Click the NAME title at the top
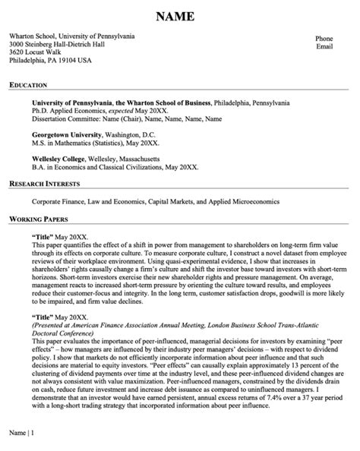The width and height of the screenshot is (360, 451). [x=180, y=17]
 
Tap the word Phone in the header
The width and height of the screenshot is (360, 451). [x=324, y=38]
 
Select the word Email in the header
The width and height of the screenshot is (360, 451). [x=324, y=47]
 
